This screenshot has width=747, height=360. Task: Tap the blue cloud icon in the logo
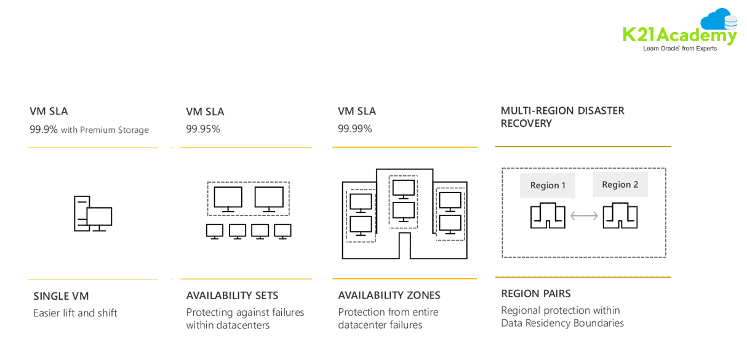point(717,20)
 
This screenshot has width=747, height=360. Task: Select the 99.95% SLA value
point(203,129)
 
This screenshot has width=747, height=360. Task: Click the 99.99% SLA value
point(355,129)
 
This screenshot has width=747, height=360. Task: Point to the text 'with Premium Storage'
point(105,130)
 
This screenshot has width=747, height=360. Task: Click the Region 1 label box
point(548,185)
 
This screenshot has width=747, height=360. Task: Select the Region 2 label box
point(620,185)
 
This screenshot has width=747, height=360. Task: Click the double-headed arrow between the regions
point(584,216)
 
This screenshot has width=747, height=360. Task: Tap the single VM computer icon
point(93,214)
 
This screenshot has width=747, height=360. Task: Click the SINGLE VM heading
point(61,296)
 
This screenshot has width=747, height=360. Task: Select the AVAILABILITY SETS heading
point(232,295)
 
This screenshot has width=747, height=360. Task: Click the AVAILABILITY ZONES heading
point(389,295)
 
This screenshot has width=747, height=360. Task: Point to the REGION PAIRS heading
point(536,294)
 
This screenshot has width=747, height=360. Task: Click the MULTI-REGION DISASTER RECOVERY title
point(562,117)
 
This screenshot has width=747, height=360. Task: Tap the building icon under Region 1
point(548,216)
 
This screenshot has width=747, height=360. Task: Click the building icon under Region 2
point(620,216)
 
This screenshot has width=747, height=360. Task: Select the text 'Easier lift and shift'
point(75,313)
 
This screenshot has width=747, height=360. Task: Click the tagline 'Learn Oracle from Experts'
point(679,49)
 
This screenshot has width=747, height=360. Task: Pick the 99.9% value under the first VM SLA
point(44,129)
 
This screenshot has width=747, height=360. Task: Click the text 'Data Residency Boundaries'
point(562,323)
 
